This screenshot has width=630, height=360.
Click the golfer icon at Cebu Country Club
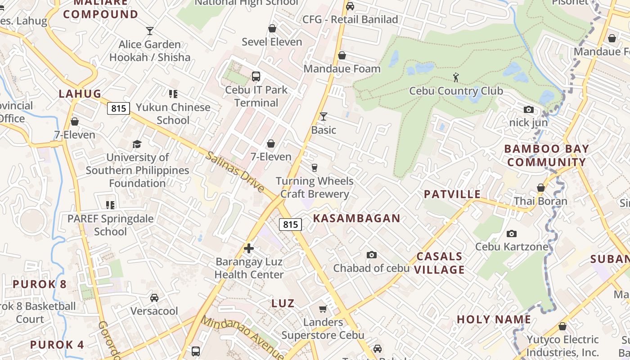click(x=456, y=77)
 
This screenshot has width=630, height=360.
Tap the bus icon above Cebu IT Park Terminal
click(x=256, y=76)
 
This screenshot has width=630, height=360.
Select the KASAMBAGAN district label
click(x=356, y=218)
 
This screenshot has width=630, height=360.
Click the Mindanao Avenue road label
click(x=242, y=338)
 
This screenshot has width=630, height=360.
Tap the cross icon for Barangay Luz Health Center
click(x=249, y=248)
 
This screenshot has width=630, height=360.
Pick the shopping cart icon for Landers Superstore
click(x=323, y=309)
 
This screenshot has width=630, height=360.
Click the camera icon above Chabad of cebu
click(x=371, y=255)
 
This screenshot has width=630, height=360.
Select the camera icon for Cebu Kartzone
click(x=512, y=234)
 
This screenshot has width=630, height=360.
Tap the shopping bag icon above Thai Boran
click(x=541, y=188)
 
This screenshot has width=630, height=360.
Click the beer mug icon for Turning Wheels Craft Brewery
click(x=315, y=168)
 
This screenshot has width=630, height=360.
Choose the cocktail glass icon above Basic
click(x=323, y=117)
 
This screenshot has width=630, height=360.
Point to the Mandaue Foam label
click(x=342, y=69)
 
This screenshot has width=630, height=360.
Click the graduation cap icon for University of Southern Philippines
click(x=137, y=144)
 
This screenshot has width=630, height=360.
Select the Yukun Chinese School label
click(x=173, y=113)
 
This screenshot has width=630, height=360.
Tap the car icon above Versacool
click(x=154, y=298)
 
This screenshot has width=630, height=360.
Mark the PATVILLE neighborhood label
click(x=452, y=194)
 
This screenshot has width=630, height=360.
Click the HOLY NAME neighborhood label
click(x=494, y=319)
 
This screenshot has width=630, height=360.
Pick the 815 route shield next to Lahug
click(x=118, y=108)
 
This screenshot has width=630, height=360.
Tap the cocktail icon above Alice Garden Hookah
click(x=150, y=31)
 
